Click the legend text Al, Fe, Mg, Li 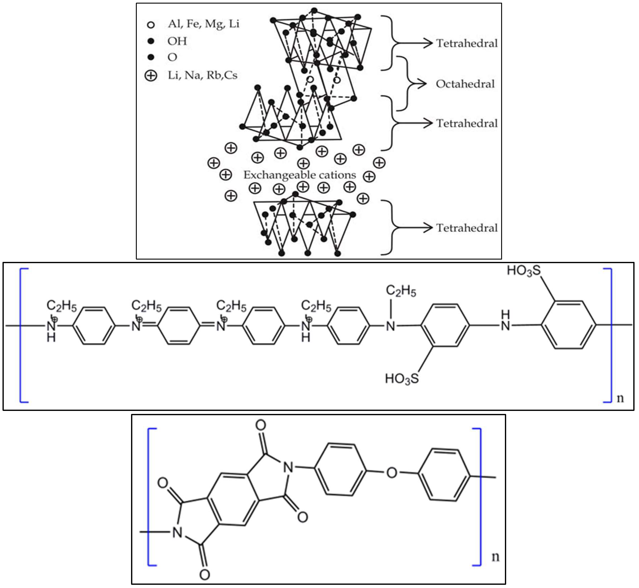click(204, 24)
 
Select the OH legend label click(177, 41)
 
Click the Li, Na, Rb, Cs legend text click(203, 75)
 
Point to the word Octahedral click(465, 84)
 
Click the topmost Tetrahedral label click(467, 43)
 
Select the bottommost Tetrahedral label click(467, 228)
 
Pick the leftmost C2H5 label click(62, 306)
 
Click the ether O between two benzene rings click(392, 472)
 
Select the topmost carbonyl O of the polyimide click(261, 425)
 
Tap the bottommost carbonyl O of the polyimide click(205, 575)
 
